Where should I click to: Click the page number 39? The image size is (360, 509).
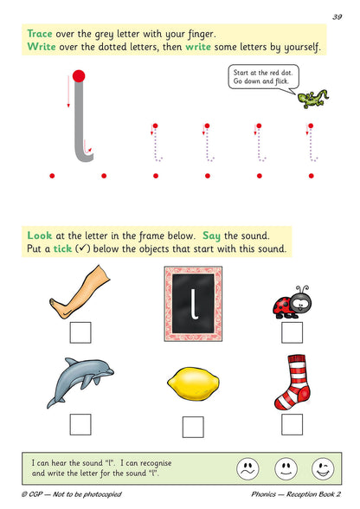[x=337, y=16]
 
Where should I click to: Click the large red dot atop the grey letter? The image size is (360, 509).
[x=79, y=76]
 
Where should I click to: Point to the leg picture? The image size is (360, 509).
[x=80, y=293]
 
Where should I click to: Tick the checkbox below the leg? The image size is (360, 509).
[x=80, y=332]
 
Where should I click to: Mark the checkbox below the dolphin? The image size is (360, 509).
[x=80, y=423]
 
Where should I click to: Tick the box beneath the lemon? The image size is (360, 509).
[x=194, y=427]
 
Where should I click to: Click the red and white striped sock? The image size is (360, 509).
[x=292, y=383]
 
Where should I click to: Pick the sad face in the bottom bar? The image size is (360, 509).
[x=248, y=468]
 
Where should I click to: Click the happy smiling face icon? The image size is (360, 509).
[x=321, y=468]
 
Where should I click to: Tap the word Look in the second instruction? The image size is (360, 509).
[x=39, y=235]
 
